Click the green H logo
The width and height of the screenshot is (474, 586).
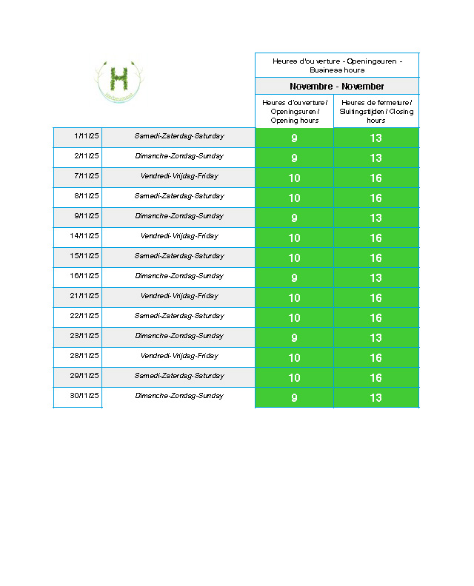[118, 78]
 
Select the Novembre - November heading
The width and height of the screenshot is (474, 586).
[337, 87]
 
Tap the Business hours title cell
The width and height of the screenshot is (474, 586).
[337, 65]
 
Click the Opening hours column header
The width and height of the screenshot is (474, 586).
[294, 111]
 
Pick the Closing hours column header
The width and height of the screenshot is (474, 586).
[376, 111]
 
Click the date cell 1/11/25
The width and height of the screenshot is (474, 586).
[87, 136]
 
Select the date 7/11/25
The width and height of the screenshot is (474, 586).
[87, 176]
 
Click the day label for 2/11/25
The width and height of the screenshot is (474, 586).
[179, 156]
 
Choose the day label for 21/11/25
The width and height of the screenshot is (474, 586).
[179, 296]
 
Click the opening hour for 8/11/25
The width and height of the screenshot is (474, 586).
[294, 198]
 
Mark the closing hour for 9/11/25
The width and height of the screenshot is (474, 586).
[376, 218]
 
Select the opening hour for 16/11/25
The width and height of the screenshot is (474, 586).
[294, 278]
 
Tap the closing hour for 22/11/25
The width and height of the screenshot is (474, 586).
[376, 318]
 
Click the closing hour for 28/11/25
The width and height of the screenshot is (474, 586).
[376, 358]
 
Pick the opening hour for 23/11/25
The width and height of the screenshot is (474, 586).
[294, 338]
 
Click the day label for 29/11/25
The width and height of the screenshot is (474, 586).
[179, 376]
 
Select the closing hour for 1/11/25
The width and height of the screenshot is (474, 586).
[376, 138]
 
